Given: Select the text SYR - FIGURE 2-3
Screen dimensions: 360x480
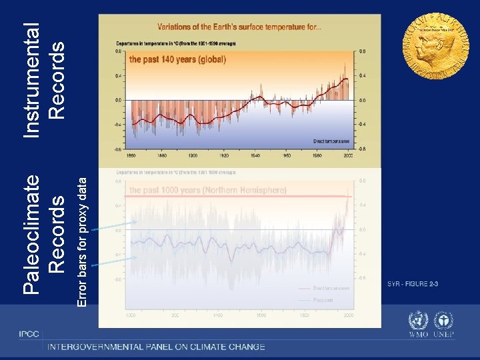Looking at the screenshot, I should click(413, 285).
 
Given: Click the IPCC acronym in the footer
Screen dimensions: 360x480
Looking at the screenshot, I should click(29, 333).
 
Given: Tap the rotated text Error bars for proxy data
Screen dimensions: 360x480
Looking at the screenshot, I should click(81, 237).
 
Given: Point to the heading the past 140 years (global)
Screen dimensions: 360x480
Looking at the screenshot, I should click(177, 59).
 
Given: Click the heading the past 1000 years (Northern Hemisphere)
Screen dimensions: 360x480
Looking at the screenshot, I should click(207, 190).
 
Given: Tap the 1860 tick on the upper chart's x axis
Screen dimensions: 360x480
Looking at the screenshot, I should click(131, 156).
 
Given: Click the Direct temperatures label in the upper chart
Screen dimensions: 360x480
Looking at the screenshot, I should click(331, 141).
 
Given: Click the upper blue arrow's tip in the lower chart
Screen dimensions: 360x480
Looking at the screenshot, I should click(138, 221).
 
